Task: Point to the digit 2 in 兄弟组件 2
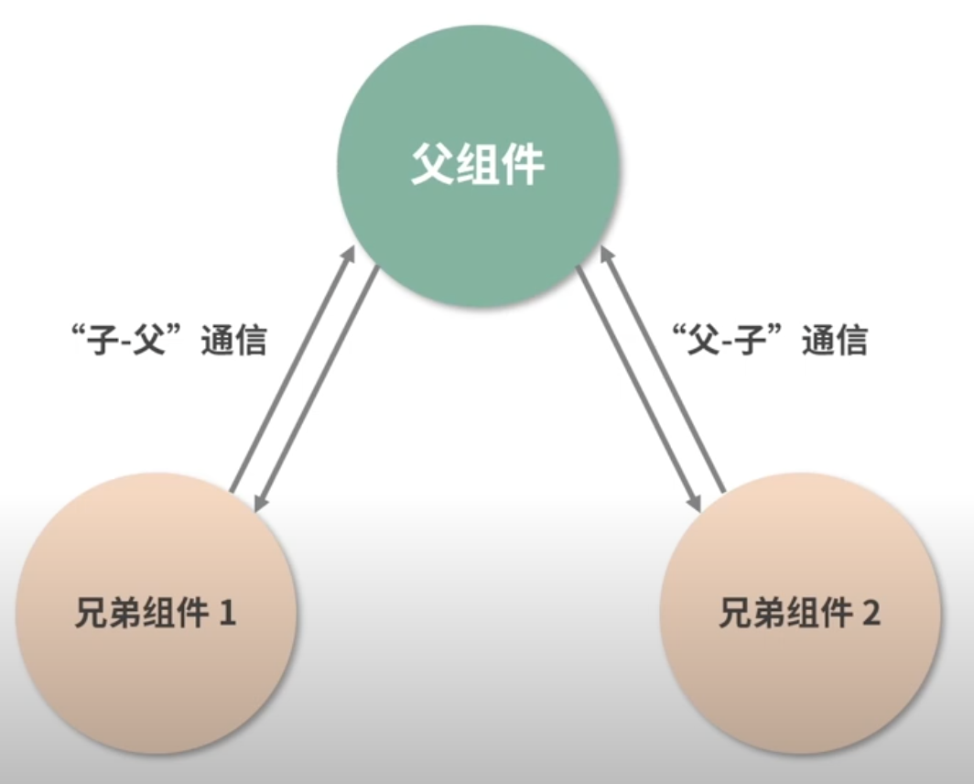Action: pyautogui.click(x=871, y=613)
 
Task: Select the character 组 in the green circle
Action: pyautogui.click(x=477, y=167)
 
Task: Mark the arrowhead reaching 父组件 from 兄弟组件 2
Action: pyautogui.click(x=607, y=252)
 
